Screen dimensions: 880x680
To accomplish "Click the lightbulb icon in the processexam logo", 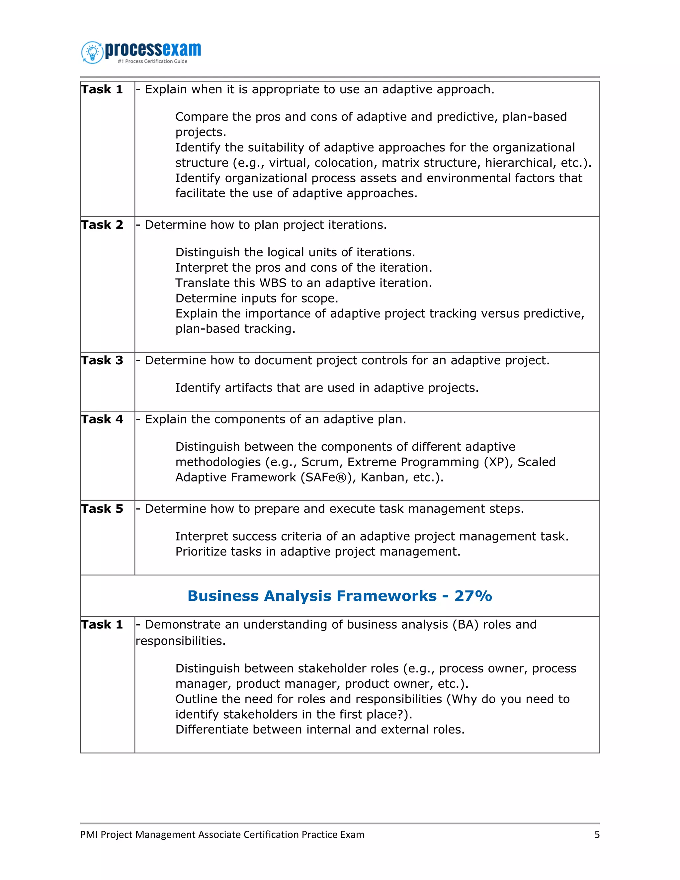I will [93, 52].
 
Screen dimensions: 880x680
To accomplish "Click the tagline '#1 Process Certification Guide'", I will [152, 61].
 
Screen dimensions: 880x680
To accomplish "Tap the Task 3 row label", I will [102, 360].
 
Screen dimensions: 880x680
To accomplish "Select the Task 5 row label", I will [102, 509].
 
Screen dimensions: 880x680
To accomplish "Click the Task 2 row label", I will [102, 225].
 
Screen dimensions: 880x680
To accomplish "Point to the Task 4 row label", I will [102, 419].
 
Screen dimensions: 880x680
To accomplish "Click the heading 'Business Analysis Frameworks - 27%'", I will [340, 596].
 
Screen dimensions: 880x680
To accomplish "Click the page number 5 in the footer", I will [597, 835].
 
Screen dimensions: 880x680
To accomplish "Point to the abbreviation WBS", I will [273, 283].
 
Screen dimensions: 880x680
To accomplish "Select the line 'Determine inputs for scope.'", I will [257, 299].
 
